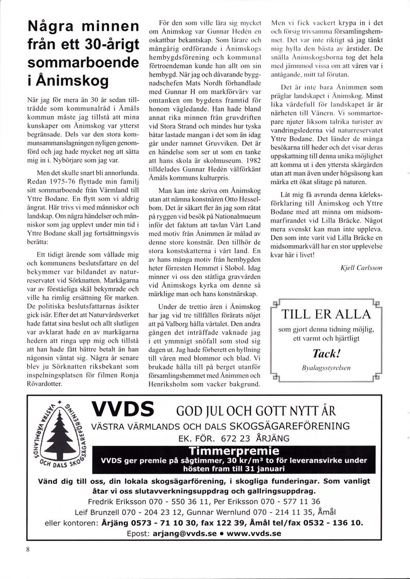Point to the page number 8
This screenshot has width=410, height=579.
tap(28, 549)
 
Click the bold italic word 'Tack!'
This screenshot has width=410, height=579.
tap(326, 354)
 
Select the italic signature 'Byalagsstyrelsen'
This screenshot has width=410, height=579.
tap(327, 368)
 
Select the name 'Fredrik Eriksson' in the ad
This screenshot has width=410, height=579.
tap(119, 501)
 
